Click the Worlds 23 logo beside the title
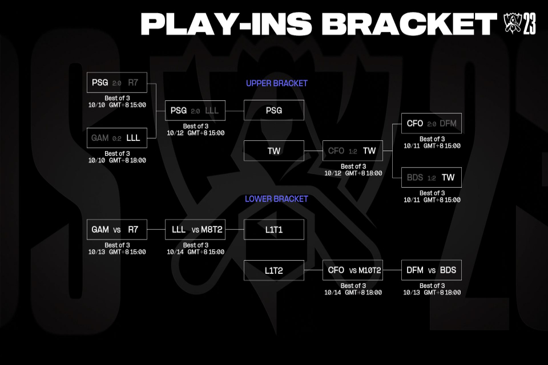pos(519,23)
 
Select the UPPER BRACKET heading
pos(277,83)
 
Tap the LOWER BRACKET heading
pos(276,199)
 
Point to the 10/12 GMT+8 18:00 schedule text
pos(353,173)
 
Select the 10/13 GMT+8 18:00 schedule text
pos(432,293)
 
